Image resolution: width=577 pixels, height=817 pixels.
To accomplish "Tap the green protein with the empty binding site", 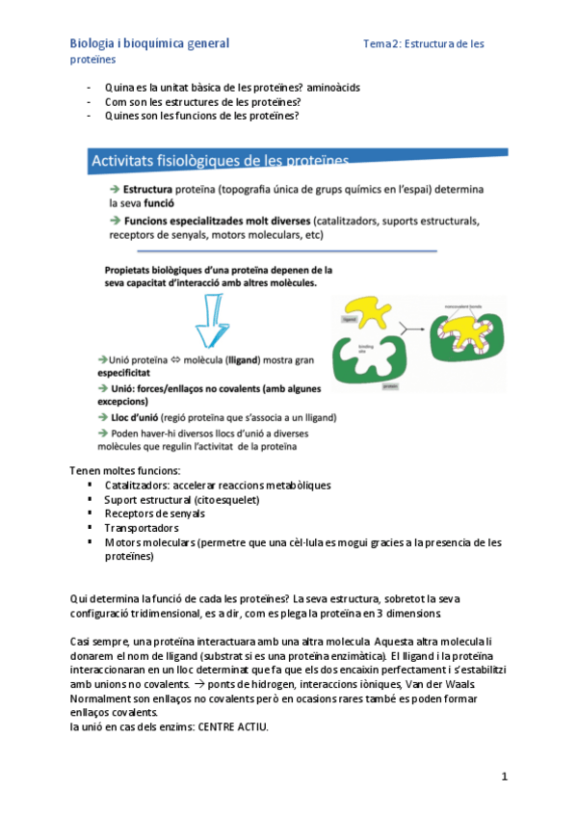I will click(x=364, y=358).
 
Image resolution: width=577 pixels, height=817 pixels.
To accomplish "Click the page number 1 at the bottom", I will click(x=504, y=776).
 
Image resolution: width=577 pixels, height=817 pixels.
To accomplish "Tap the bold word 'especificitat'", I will click(x=123, y=371).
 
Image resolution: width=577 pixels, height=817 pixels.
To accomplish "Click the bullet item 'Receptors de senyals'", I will click(x=154, y=514).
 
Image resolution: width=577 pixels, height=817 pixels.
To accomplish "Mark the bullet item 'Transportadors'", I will click(x=141, y=528).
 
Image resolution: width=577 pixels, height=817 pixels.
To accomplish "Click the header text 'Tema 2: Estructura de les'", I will click(x=424, y=43).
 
